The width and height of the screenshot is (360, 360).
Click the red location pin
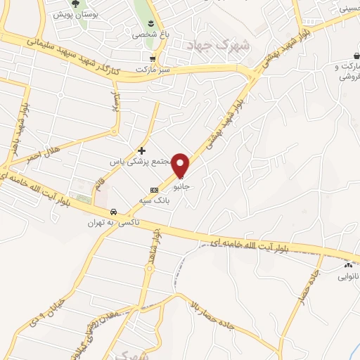click(x=181, y=165)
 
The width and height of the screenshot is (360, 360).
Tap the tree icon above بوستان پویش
click(x=75, y=4)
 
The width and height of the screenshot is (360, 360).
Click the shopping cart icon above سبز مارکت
click(x=152, y=58)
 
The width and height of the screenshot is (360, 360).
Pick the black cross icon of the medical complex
click(x=141, y=150)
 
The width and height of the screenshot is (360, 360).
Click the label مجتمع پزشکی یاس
click(x=143, y=161)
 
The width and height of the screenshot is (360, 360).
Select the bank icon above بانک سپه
click(x=154, y=189)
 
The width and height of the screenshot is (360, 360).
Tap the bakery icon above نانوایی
click(x=348, y=265)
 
